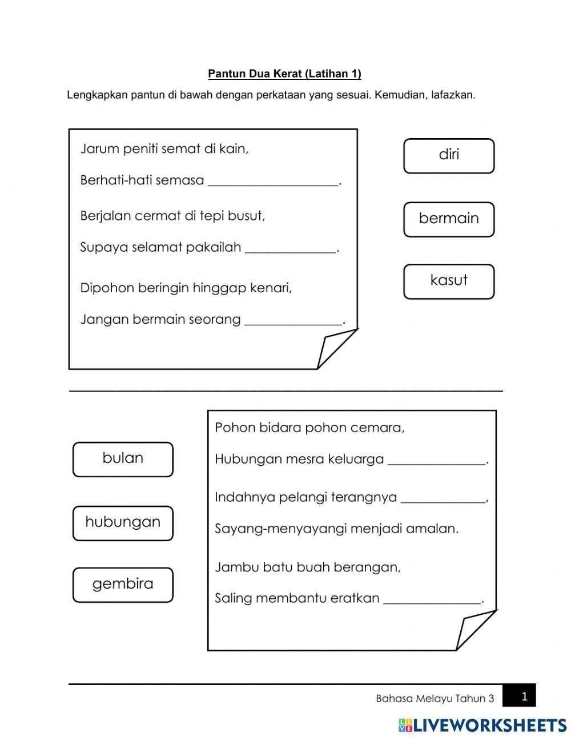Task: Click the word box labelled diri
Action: click(x=449, y=156)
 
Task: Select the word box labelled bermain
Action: click(x=449, y=219)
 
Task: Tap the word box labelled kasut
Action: click(x=449, y=281)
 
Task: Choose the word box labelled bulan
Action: click(x=123, y=459)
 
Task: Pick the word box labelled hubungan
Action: click(x=123, y=523)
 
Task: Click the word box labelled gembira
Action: click(x=123, y=585)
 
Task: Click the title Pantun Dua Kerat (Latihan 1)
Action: click(x=284, y=74)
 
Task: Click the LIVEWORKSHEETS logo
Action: click(x=482, y=725)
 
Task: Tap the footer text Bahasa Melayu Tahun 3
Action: click(x=435, y=699)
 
